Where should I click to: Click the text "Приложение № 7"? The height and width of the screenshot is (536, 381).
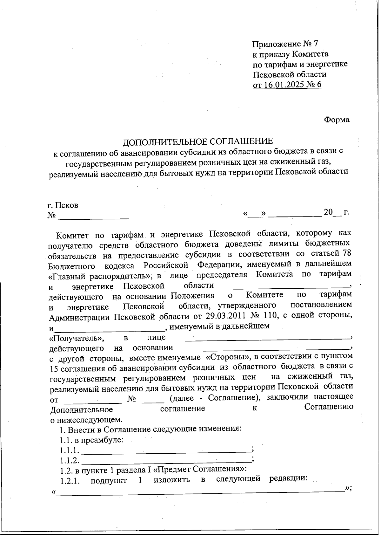285,44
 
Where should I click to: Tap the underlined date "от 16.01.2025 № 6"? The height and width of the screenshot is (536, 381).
287,85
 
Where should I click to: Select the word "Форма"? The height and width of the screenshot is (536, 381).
337,120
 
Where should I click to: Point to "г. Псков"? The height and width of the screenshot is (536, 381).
63,205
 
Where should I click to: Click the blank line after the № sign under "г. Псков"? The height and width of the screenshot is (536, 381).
94,217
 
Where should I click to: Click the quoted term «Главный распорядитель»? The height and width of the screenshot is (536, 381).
101,275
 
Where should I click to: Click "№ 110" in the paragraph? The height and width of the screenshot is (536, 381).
264,316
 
